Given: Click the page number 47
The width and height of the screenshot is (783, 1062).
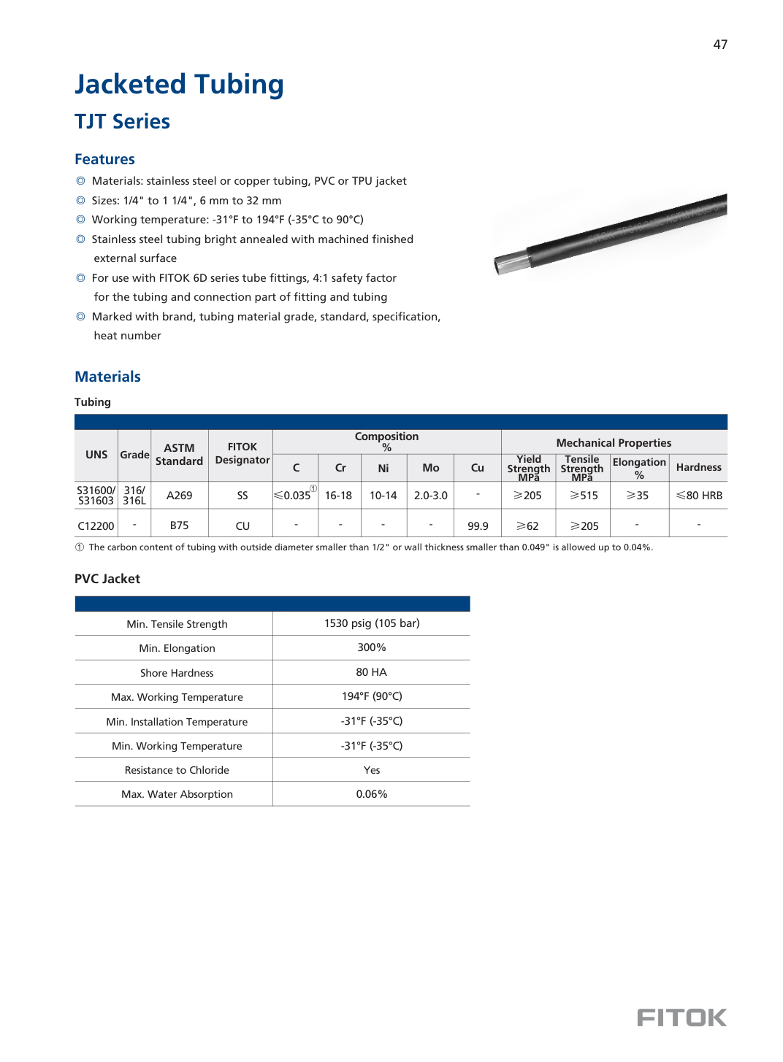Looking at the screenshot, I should click(x=720, y=45).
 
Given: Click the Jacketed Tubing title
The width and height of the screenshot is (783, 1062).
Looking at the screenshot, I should click(x=179, y=85).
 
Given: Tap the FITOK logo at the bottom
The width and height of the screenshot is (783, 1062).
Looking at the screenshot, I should click(x=681, y=1017).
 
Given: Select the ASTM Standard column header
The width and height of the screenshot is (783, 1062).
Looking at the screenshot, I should click(x=179, y=454).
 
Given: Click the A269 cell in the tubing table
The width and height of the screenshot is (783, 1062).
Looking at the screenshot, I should click(x=179, y=496).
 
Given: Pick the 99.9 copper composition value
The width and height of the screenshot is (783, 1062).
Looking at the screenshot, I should click(x=478, y=526).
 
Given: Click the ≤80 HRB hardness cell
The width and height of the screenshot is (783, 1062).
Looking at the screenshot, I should click(x=699, y=496).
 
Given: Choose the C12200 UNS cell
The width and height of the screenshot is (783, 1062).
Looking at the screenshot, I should click(x=96, y=526).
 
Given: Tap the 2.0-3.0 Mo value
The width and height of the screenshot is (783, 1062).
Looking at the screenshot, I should click(x=430, y=496).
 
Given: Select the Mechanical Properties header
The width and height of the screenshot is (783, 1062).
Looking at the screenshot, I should click(x=614, y=442).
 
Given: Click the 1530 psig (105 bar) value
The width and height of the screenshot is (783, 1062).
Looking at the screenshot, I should click(x=372, y=623).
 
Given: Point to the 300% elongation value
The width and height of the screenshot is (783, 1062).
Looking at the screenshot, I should click(x=372, y=647).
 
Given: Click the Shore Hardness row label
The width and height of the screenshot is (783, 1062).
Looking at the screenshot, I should click(x=177, y=673).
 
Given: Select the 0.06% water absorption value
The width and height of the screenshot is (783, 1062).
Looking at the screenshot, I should click(x=372, y=794).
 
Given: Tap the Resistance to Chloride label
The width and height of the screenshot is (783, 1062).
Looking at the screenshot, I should click(x=177, y=770).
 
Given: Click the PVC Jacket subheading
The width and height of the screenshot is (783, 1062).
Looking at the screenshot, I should click(x=107, y=579).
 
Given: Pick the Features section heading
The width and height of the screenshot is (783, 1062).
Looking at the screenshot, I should click(x=104, y=159).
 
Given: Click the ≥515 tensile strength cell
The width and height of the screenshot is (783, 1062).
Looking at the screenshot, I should click(x=584, y=496).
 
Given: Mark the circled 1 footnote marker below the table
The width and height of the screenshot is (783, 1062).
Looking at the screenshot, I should click(x=80, y=547).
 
